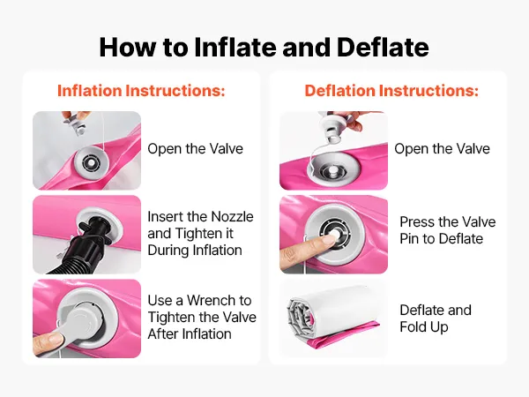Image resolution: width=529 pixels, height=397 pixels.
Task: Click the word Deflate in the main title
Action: [x=383, y=47]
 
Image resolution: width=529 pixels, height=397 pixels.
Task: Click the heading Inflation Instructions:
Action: [x=141, y=91]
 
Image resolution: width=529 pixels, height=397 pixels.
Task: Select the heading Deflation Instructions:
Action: [x=391, y=91]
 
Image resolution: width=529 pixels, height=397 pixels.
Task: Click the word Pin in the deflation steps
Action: [x=409, y=239]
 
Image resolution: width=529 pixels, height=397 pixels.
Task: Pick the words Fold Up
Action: [x=424, y=327]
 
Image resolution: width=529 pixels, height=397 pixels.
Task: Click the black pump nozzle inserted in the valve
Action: [x=95, y=228]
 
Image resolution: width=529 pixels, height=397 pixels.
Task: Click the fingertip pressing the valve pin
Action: [x=329, y=240]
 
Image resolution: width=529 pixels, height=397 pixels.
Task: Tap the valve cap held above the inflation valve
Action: [x=76, y=123]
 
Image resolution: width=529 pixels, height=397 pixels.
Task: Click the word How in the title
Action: [x=127, y=47]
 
